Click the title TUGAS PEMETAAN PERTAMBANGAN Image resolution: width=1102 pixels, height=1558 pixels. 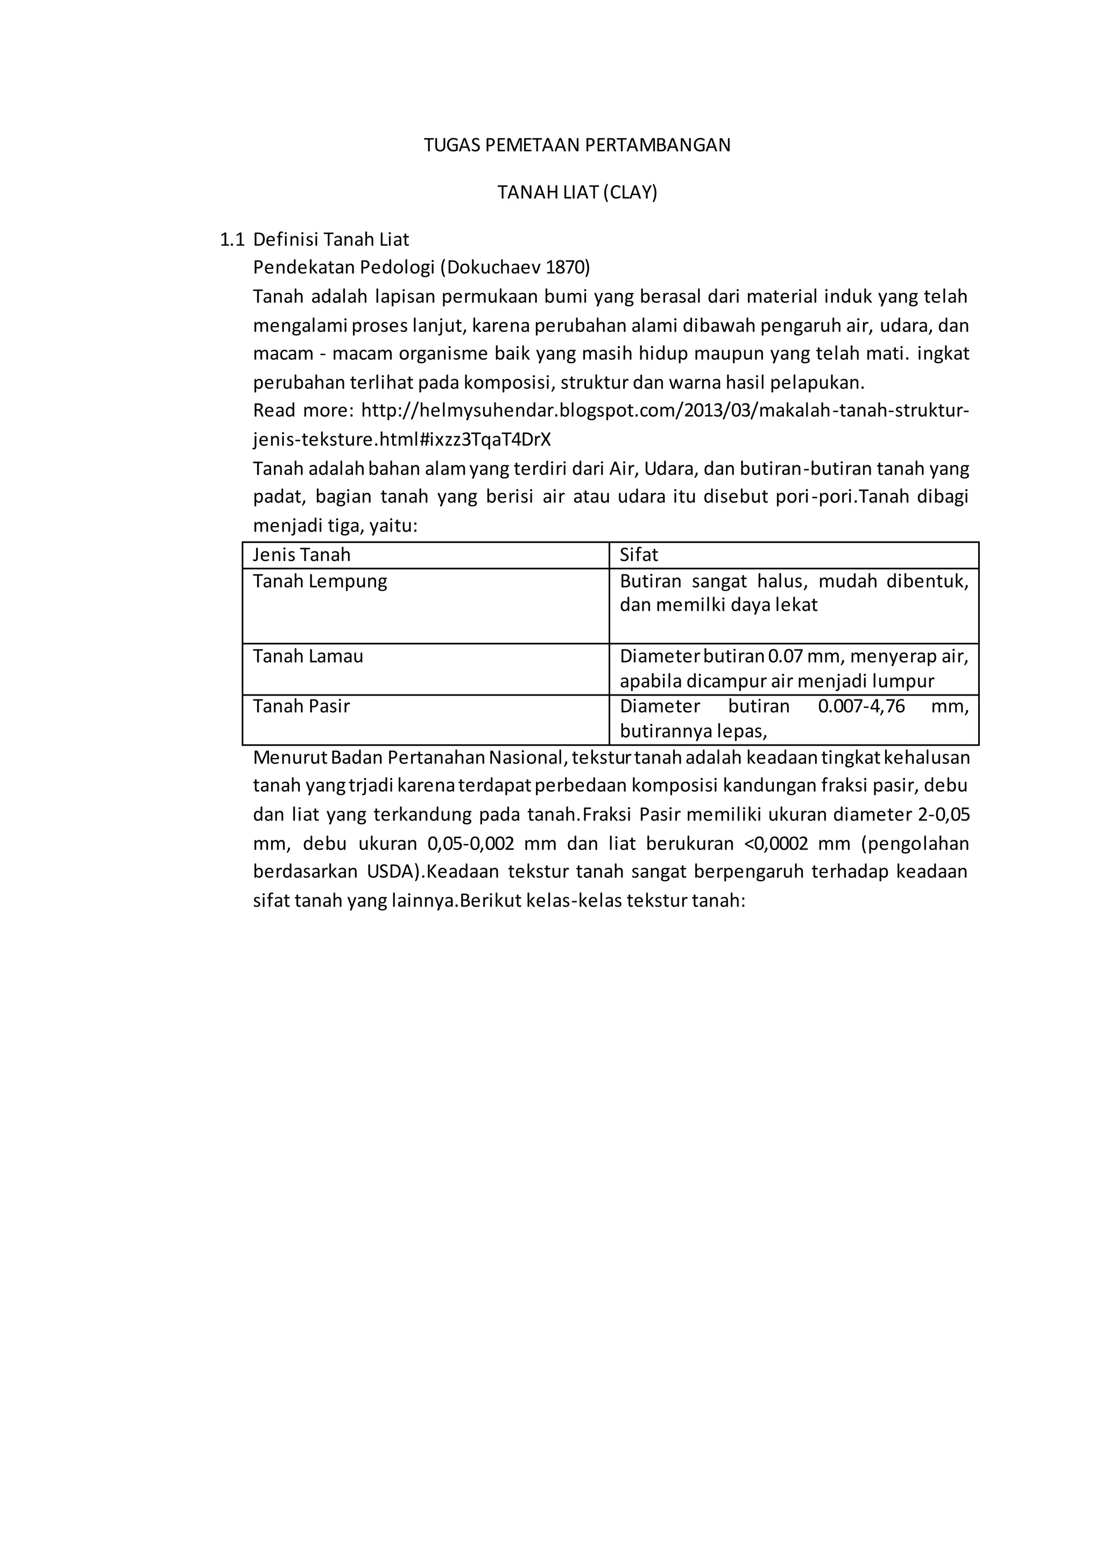(577, 145)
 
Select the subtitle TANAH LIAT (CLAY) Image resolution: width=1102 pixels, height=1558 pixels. (577, 193)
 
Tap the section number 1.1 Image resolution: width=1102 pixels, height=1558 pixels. (232, 239)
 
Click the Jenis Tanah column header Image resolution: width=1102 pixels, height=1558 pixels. (301, 555)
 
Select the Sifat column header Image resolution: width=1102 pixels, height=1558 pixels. (639, 555)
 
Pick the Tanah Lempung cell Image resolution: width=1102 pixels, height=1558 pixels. (320, 582)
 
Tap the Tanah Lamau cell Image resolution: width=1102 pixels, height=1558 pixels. (308, 656)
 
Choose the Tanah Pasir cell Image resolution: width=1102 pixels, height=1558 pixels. (301, 706)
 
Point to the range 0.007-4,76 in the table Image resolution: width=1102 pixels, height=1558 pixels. (861, 706)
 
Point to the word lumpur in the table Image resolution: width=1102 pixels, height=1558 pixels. (902, 681)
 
